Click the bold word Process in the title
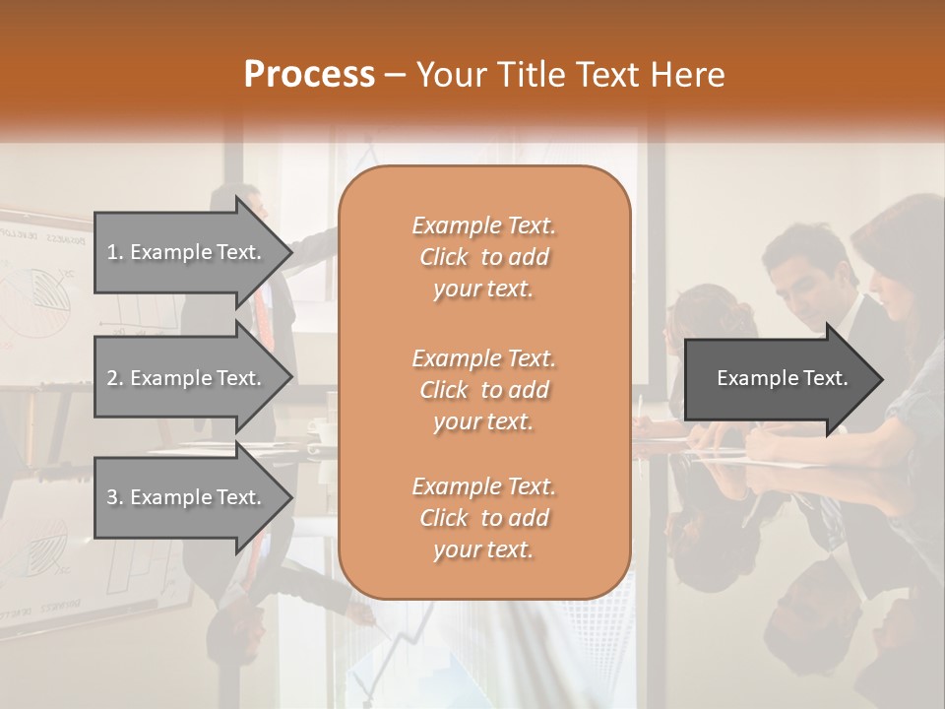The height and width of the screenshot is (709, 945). (309, 75)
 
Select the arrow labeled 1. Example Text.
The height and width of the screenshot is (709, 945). (187, 252)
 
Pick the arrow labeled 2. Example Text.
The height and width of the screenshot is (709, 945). (187, 378)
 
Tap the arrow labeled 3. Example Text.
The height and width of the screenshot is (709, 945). (187, 498)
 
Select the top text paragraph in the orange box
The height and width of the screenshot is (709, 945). (483, 257)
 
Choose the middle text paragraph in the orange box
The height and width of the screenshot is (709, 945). (483, 390)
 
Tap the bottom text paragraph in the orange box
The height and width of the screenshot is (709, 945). (483, 518)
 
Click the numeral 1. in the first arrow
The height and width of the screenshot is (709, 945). (115, 252)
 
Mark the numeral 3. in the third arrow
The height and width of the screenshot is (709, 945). (115, 498)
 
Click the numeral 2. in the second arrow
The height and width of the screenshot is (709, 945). (115, 378)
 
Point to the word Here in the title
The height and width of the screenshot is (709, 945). (686, 75)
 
